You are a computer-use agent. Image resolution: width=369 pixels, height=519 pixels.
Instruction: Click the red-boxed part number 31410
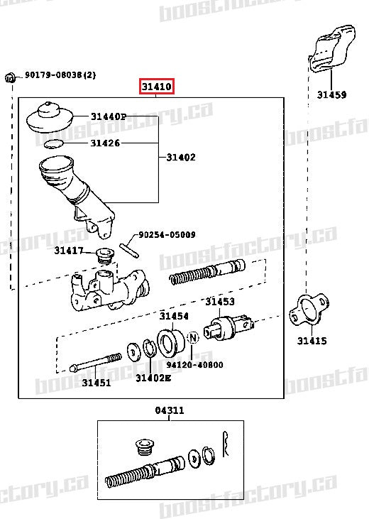tap(156, 87)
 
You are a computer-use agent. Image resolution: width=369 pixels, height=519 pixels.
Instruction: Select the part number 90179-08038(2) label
tap(60, 75)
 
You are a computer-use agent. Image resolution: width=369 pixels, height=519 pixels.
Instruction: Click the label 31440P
tap(108, 116)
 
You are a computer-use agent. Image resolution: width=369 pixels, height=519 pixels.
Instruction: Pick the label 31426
tap(104, 143)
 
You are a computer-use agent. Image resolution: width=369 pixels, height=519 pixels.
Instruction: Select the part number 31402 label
tap(181, 157)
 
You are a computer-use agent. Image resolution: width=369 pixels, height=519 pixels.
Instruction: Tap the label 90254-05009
tap(167, 234)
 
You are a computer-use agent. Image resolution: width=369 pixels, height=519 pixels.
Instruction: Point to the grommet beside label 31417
tap(105, 255)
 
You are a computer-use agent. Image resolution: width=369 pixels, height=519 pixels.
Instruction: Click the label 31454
tap(174, 316)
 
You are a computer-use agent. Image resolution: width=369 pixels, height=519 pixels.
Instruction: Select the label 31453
tap(220, 302)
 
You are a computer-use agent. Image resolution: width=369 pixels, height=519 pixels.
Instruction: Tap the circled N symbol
tap(192, 339)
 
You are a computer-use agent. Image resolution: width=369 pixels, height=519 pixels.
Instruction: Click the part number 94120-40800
tap(195, 365)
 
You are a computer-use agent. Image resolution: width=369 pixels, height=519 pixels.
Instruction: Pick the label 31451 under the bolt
tap(96, 383)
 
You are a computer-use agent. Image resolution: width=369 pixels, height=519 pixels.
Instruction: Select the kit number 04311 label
tap(170, 410)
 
